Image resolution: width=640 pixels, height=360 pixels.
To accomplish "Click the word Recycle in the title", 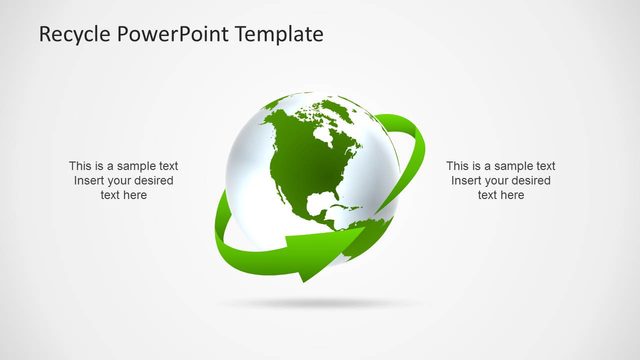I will (x=75, y=34).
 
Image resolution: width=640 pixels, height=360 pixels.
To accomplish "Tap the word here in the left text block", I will (x=135, y=195).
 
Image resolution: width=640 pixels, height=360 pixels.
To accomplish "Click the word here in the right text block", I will (x=512, y=195).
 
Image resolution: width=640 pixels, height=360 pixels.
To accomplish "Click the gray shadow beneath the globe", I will (x=320, y=303).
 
